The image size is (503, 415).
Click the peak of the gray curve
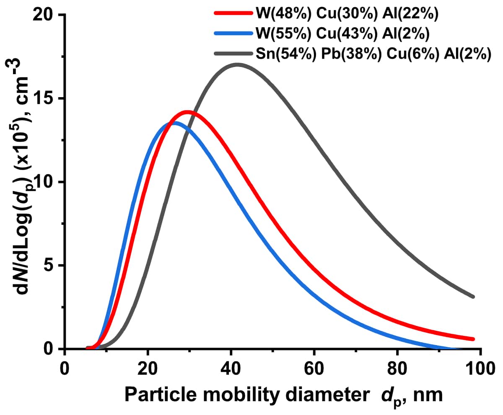click(x=237, y=65)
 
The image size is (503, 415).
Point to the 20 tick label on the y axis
click(x=45, y=15)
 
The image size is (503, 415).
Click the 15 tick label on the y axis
click(x=45, y=99)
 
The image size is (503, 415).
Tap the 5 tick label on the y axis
click(x=50, y=265)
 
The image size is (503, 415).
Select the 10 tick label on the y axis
click(x=45, y=182)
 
